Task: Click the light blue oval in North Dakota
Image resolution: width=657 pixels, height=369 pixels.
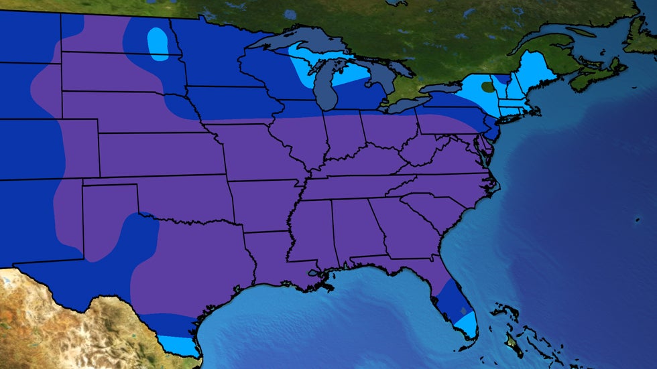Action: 158,44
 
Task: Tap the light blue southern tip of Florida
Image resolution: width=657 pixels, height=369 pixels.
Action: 465,324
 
